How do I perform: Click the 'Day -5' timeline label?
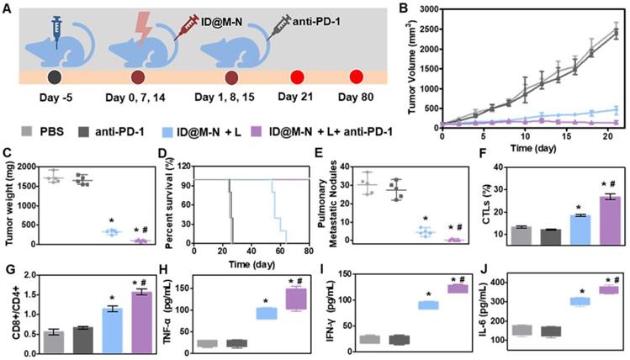click(x=54, y=107)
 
